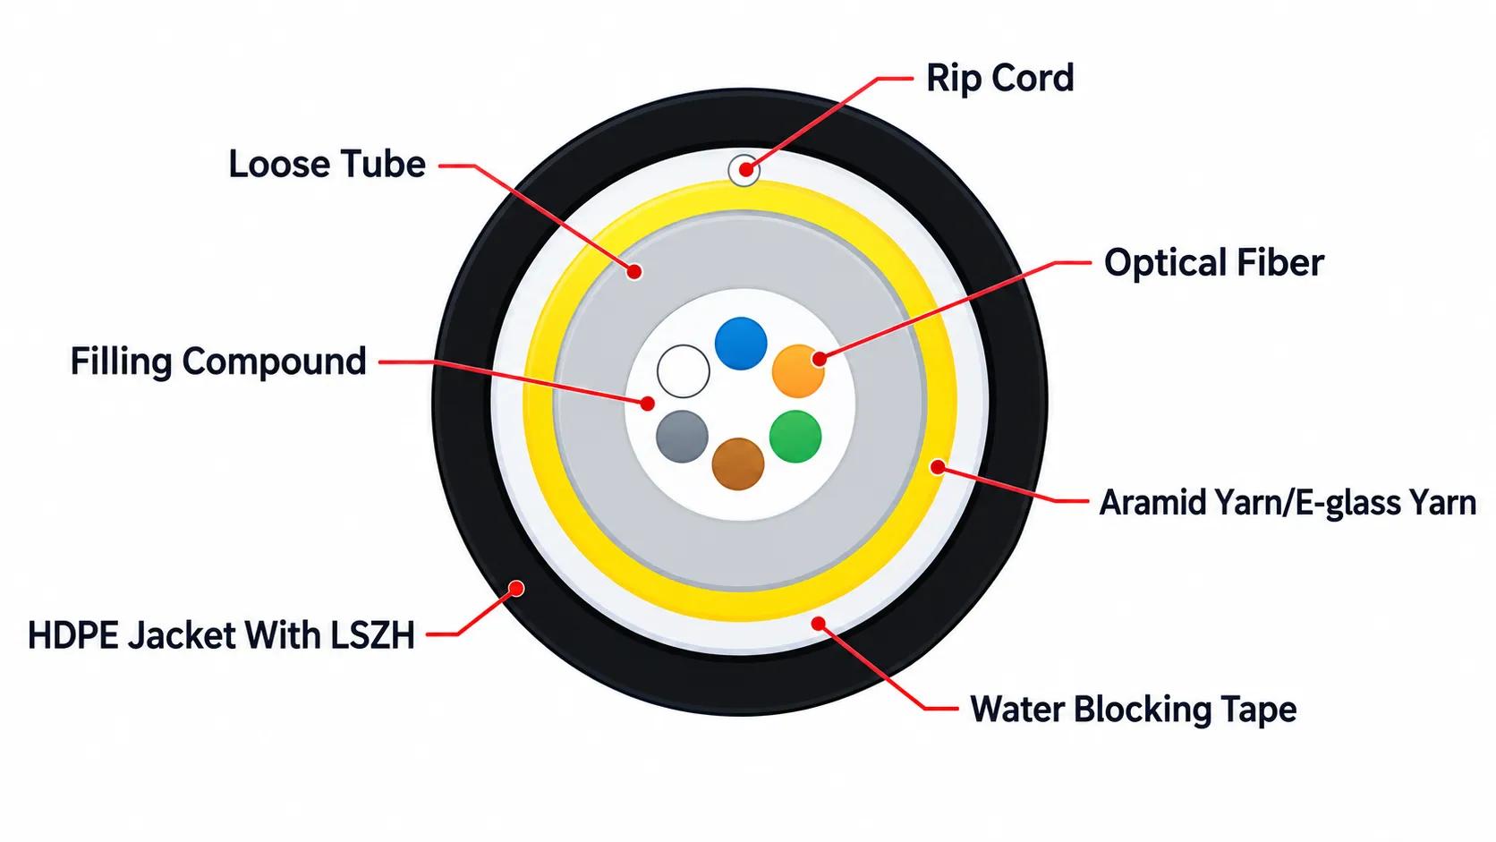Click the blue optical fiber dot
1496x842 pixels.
(741, 344)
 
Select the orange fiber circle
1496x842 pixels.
(798, 370)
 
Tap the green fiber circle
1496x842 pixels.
(795, 437)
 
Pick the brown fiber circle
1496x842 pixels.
(738, 464)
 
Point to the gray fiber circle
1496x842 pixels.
(682, 437)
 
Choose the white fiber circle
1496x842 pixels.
(684, 371)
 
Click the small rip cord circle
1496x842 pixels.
(744, 170)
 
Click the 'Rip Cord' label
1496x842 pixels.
(999, 78)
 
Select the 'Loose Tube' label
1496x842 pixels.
(327, 165)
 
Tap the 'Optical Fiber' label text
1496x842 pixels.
(1213, 262)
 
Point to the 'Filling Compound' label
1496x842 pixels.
(218, 361)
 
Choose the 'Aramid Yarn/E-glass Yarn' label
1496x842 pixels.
(1288, 503)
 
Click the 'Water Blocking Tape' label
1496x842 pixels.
(1134, 709)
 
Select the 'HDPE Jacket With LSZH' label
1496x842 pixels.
(221, 635)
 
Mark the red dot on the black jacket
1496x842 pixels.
(516, 588)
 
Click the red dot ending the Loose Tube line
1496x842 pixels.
(634, 272)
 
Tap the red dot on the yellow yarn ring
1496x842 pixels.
(938, 467)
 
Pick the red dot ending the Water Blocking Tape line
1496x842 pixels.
(818, 624)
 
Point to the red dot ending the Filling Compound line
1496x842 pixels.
(647, 404)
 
